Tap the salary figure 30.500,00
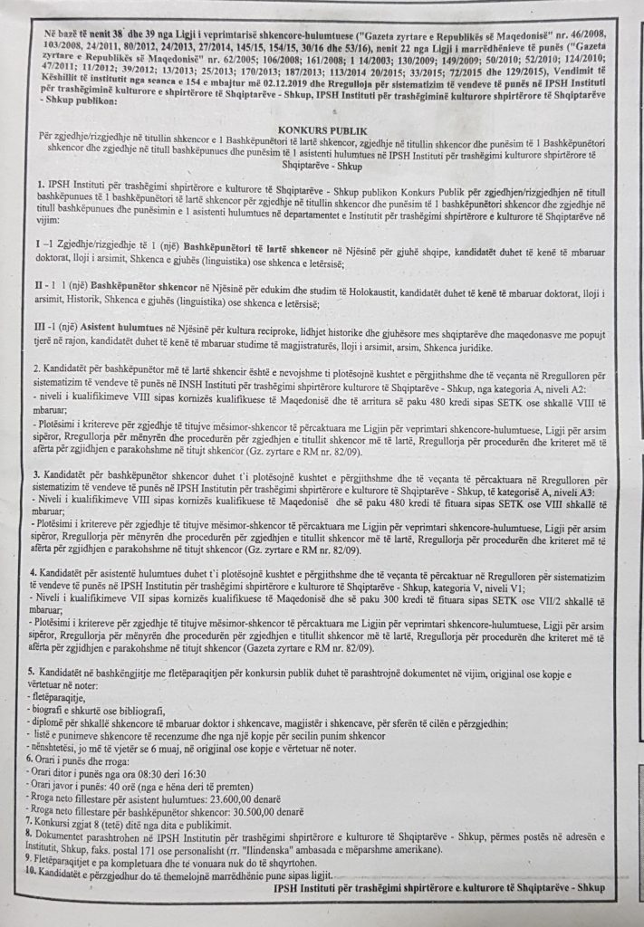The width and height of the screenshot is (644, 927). (x=240, y=805)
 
